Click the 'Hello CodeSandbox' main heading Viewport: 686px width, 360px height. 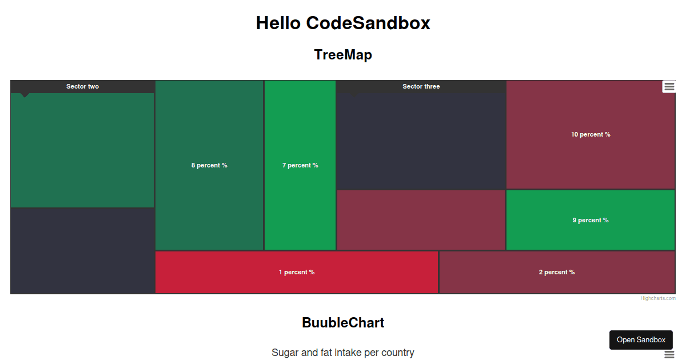(343, 23)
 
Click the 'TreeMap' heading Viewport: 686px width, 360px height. (343, 55)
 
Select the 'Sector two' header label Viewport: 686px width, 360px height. (82, 87)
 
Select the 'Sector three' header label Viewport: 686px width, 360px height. (421, 87)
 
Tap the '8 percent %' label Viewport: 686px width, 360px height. (209, 165)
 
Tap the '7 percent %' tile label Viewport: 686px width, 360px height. (300, 165)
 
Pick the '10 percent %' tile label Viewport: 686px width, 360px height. (591, 134)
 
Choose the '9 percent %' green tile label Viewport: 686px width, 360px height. (591, 220)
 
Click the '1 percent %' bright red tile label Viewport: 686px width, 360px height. (297, 272)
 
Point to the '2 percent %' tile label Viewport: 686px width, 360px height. (557, 272)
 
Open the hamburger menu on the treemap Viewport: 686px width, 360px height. (669, 87)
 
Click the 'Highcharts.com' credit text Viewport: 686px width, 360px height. (658, 298)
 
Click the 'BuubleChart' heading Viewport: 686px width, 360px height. (343, 323)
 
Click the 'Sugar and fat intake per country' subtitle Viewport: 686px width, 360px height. (343, 353)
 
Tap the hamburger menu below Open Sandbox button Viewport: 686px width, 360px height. (669, 354)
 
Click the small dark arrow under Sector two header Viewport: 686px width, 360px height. (25, 95)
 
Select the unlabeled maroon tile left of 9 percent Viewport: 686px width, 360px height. (421, 220)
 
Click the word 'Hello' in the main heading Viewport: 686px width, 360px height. (278, 23)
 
